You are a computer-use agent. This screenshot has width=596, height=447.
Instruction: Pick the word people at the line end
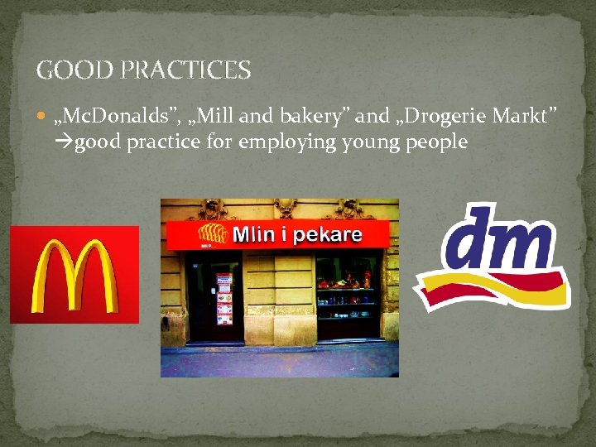click(438, 142)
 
